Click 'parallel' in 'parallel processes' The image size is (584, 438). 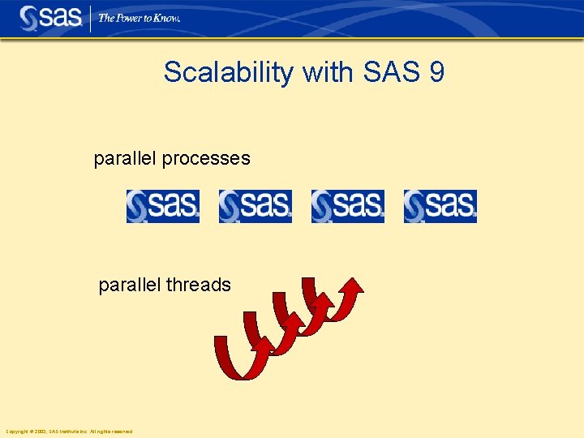pyautogui.click(x=126, y=159)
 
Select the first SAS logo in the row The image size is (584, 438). pyautogui.click(x=162, y=206)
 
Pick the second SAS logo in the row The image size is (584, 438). pyautogui.click(x=255, y=206)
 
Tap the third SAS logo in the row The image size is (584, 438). pyautogui.click(x=347, y=206)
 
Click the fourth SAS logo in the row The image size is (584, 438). pyautogui.click(x=440, y=206)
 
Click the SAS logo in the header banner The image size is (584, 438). pyautogui.click(x=49, y=18)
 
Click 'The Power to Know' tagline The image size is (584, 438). pyautogui.click(x=139, y=18)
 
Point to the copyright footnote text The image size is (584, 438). pyautogui.click(x=69, y=432)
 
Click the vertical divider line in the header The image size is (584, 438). pyautogui.click(x=89, y=18)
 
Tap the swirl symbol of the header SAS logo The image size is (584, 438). pyautogui.click(x=28, y=19)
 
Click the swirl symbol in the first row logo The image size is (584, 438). pyautogui.click(x=137, y=206)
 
